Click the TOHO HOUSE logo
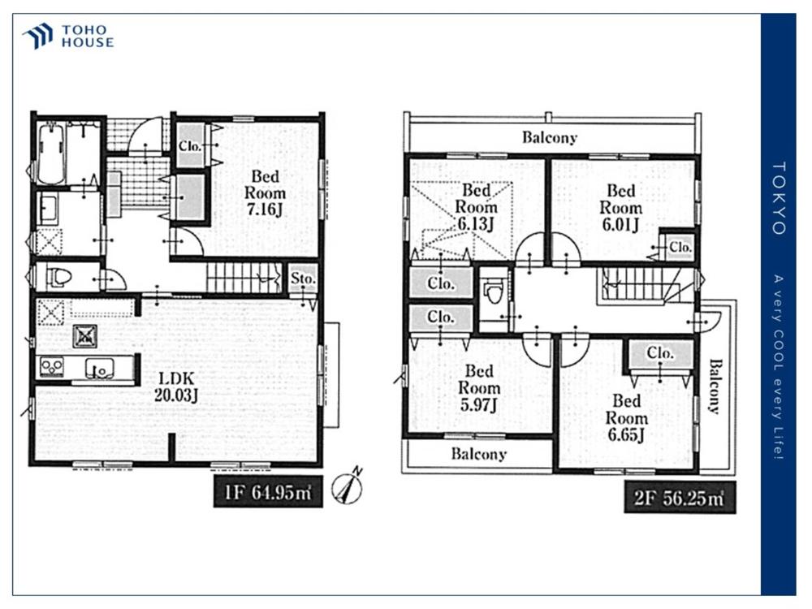point(68,37)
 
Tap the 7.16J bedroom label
point(265,193)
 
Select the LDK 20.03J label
point(176,387)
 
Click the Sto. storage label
point(303,279)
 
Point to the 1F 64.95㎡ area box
point(268,491)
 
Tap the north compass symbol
point(348,486)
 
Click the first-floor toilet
point(58,278)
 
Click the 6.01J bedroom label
point(620,208)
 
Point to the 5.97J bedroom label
point(479,388)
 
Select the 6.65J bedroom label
point(627,417)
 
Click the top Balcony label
point(550,137)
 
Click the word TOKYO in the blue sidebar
point(779,198)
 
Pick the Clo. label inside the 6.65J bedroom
point(660,353)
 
